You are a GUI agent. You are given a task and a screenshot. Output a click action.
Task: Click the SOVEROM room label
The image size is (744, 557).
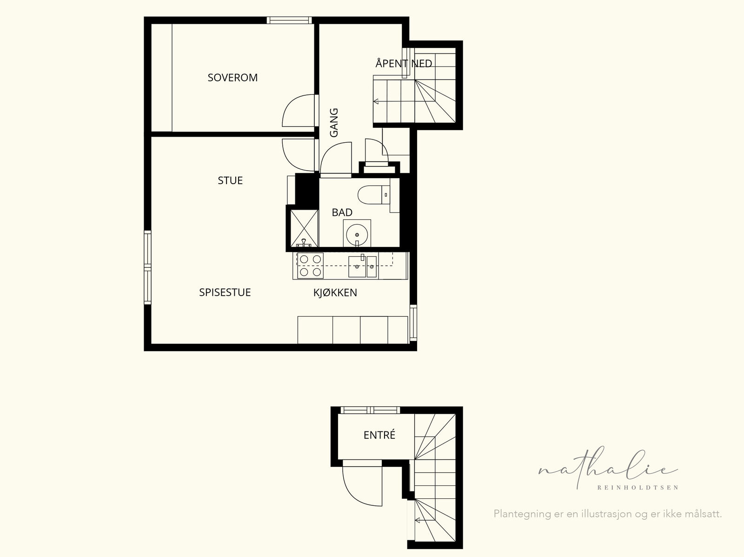click(x=232, y=78)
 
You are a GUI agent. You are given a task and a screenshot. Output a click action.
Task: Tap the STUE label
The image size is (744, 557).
click(x=230, y=180)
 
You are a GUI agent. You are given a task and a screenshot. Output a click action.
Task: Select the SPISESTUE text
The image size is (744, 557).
click(x=225, y=292)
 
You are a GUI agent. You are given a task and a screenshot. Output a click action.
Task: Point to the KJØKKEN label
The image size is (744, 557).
click(x=335, y=292)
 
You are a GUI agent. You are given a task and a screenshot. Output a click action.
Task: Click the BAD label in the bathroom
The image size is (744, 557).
click(x=342, y=212)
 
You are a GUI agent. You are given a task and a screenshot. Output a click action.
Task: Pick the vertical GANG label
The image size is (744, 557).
click(x=334, y=123)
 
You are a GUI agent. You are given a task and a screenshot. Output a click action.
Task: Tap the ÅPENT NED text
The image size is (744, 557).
click(x=404, y=63)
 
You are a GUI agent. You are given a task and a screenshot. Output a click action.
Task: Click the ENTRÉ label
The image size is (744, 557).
click(x=379, y=435)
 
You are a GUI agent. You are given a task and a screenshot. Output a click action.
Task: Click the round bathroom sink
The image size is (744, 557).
click(x=357, y=234)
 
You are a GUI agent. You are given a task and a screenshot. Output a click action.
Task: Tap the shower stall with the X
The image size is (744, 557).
click(x=305, y=228)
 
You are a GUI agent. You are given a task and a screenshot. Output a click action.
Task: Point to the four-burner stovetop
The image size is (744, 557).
click(x=310, y=265)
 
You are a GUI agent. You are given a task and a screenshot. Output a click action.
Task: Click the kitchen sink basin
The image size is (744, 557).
click(x=357, y=266)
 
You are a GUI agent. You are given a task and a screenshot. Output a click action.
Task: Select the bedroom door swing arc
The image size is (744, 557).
click(x=288, y=105)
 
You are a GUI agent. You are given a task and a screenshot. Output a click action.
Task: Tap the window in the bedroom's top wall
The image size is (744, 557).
click(x=289, y=20)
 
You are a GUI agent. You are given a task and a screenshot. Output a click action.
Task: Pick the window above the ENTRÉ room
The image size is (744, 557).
click(x=371, y=410)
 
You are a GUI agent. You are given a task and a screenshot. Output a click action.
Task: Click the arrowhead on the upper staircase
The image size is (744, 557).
click(x=376, y=101)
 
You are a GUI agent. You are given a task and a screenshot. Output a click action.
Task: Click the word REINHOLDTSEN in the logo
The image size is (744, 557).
click(x=638, y=488)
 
